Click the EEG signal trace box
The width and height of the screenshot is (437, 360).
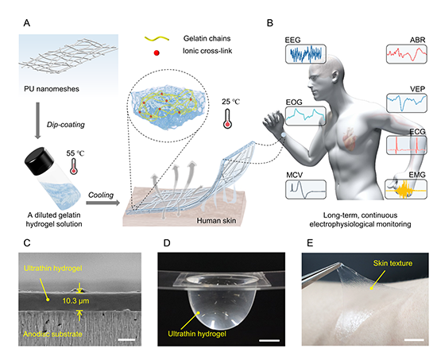306,53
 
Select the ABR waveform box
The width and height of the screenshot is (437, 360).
407,54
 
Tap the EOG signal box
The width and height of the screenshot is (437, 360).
306,116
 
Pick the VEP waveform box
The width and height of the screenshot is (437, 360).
407,103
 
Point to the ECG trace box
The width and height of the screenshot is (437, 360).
407,145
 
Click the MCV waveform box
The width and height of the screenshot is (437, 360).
306,189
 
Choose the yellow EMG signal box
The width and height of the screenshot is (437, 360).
406,189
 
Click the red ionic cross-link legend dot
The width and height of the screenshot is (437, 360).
157,52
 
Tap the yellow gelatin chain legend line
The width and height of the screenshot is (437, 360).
157,38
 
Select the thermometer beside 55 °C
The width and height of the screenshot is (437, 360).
74,166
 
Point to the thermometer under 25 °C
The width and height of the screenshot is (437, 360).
227,118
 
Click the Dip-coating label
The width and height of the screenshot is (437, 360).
65,125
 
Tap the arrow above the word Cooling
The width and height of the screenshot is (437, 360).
102,203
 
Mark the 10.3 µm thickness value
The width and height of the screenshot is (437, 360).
75,301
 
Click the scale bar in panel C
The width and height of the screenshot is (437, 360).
126,339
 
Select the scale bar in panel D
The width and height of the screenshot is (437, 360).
269,340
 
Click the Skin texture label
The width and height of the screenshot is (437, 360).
393,263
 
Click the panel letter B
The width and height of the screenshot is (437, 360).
270,23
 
